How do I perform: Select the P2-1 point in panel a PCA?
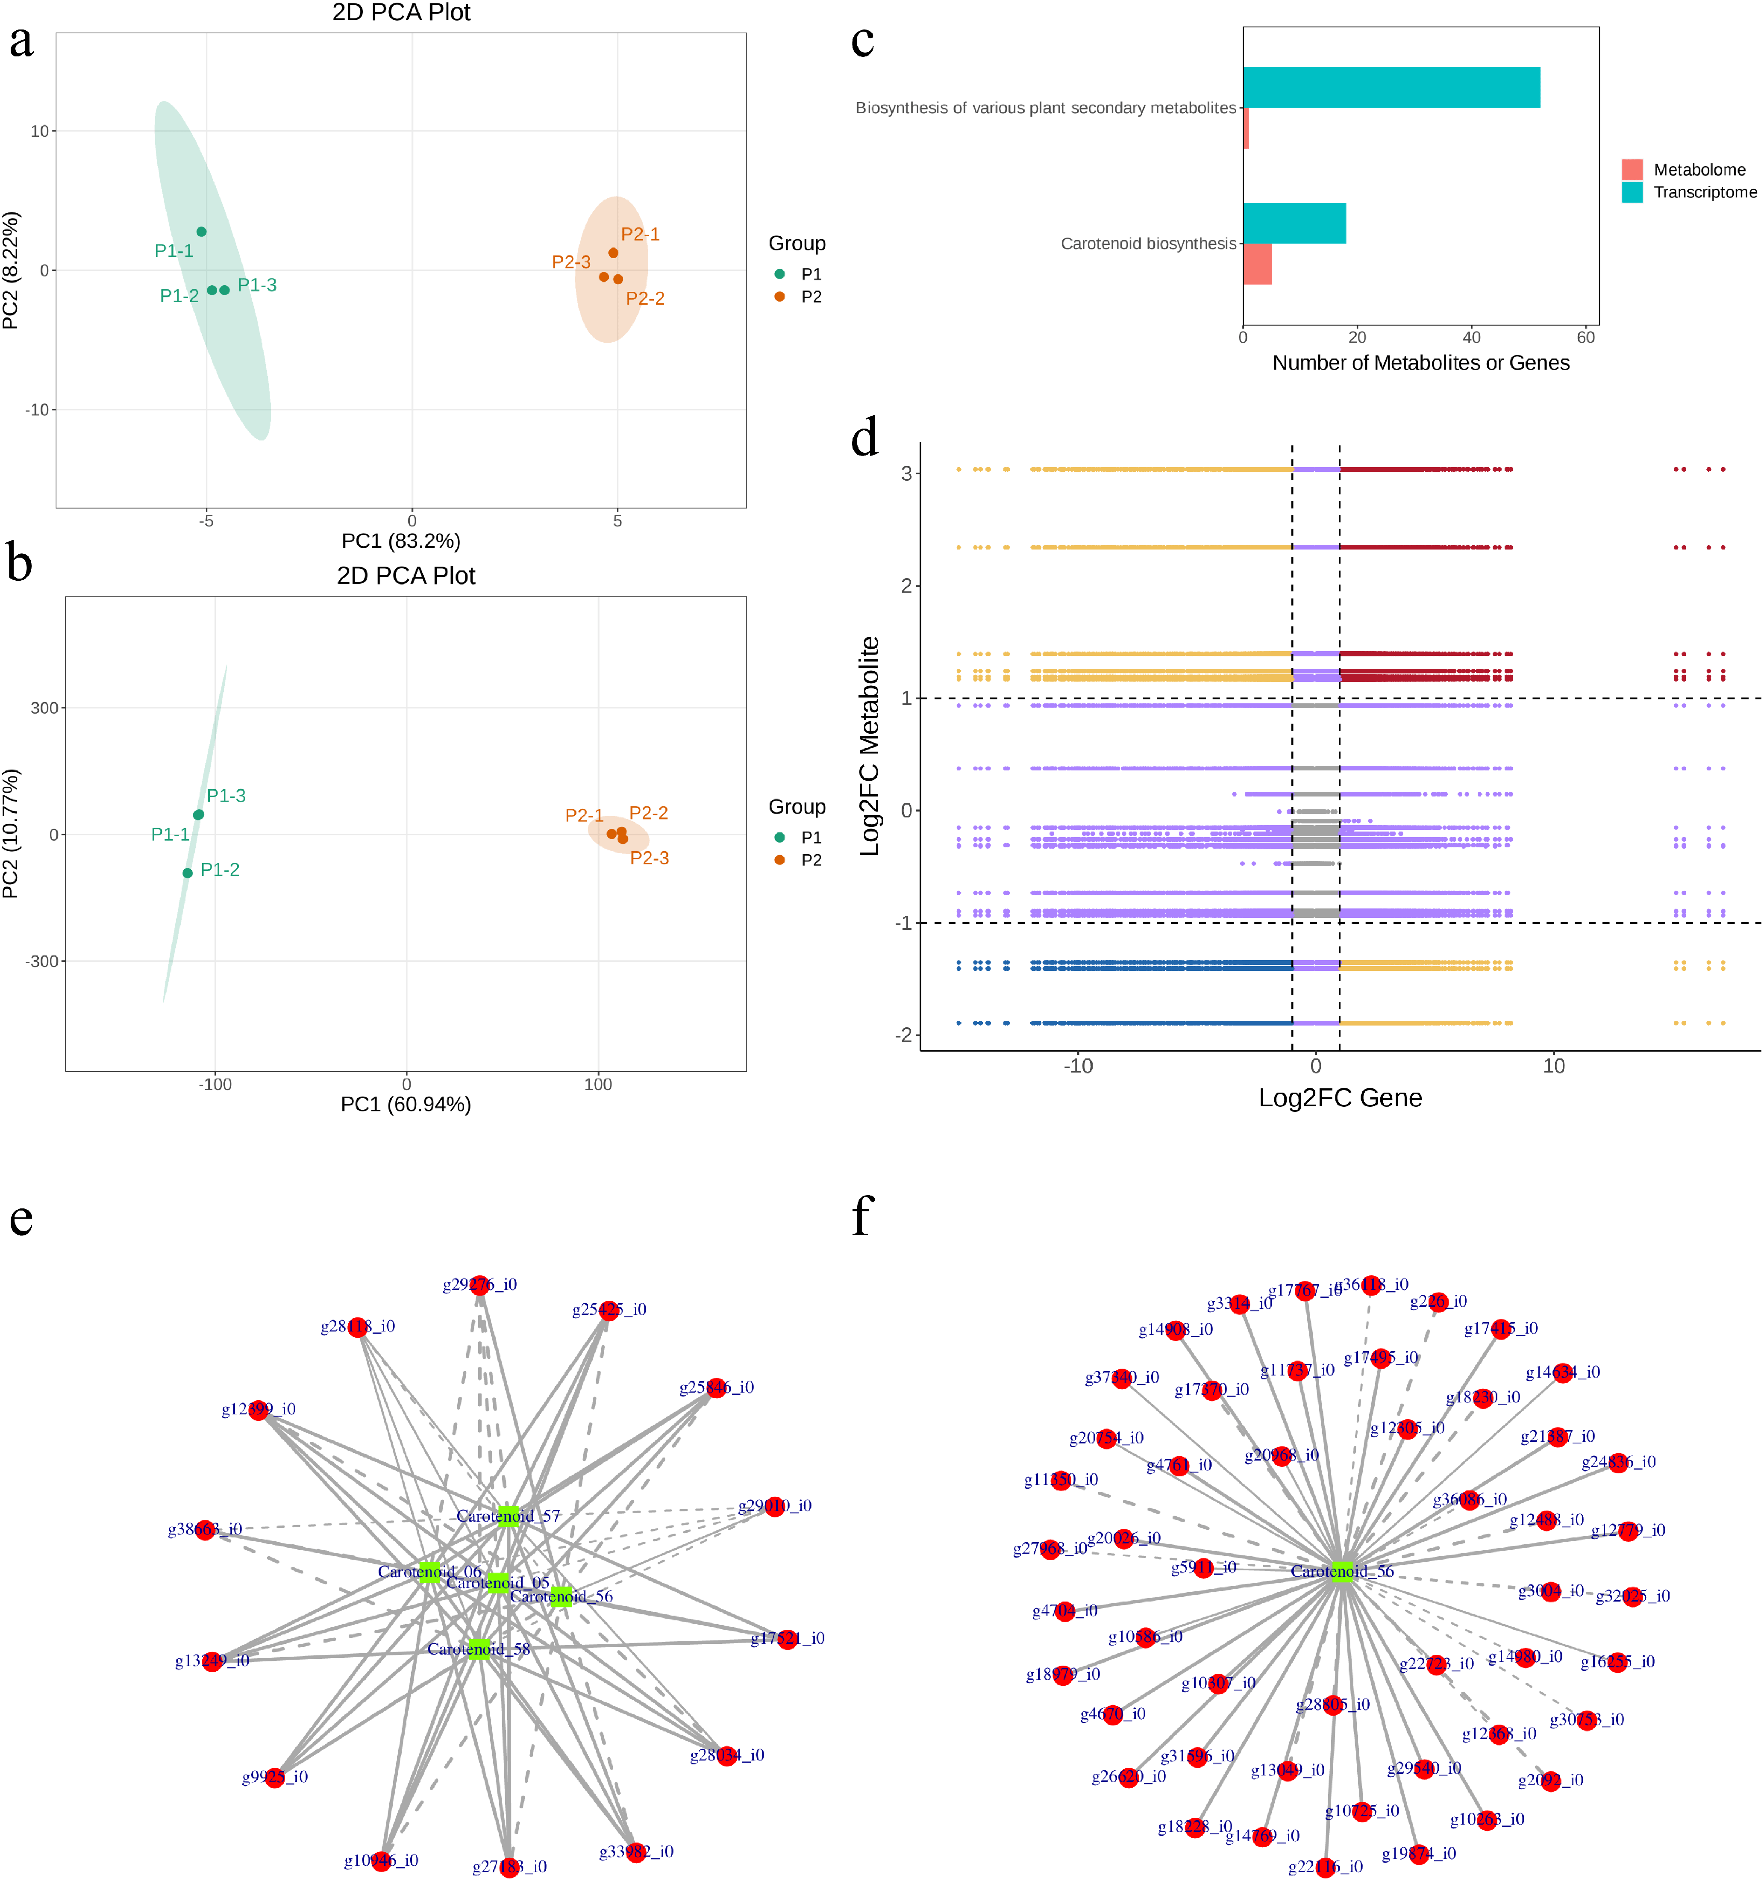(613, 253)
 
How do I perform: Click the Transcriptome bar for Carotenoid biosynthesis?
(1294, 223)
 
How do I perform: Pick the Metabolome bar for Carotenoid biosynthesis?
(1257, 264)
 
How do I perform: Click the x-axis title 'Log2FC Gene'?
(1340, 1098)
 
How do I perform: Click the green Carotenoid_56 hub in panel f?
(1342, 1572)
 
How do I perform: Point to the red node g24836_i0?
(1618, 1463)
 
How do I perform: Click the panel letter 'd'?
(865, 438)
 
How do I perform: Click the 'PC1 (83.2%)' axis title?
(401, 541)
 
